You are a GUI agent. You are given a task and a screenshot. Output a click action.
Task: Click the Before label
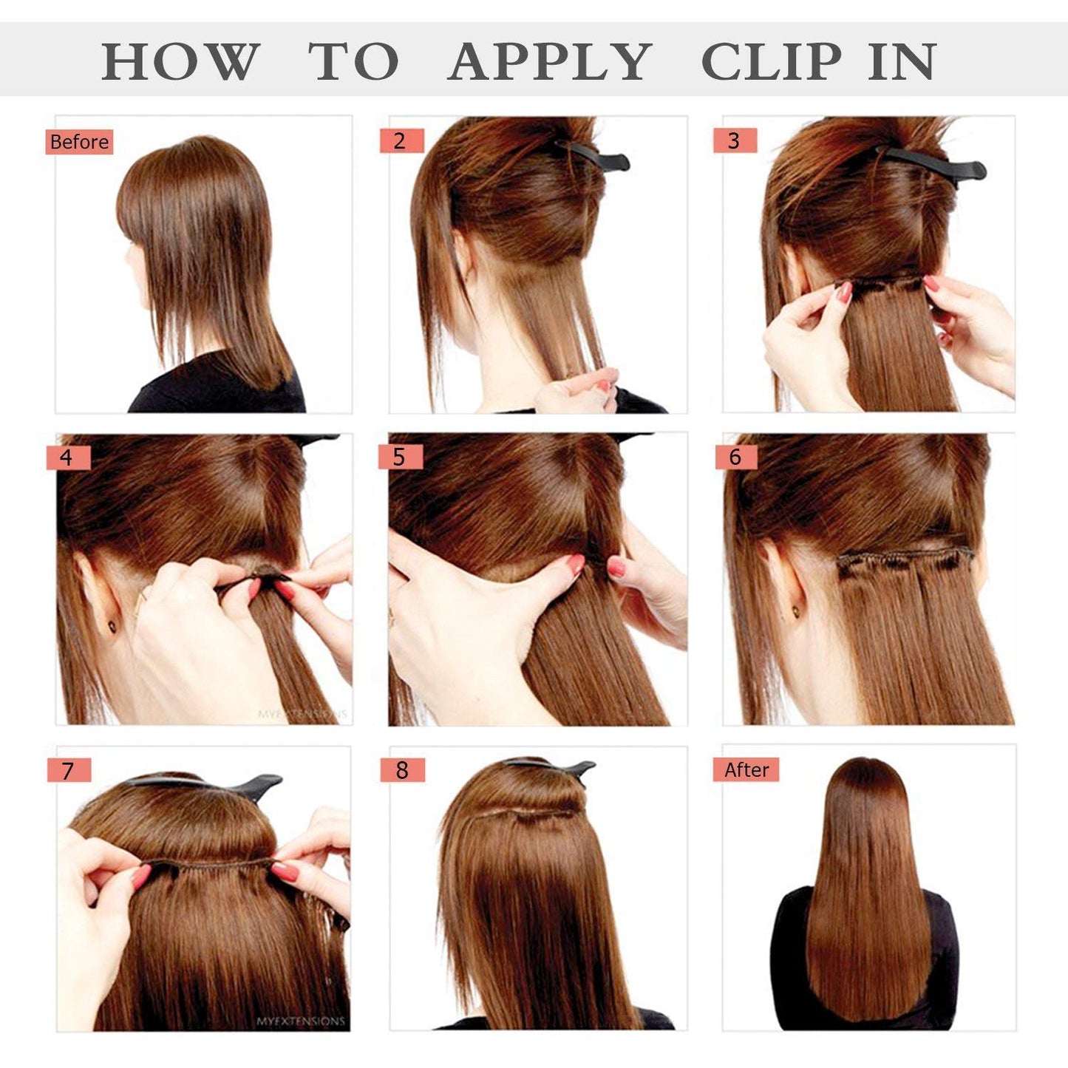pyautogui.click(x=79, y=141)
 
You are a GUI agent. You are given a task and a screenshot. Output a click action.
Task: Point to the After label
pyautogui.click(x=746, y=769)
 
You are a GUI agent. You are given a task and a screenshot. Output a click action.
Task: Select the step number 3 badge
pyautogui.click(x=735, y=140)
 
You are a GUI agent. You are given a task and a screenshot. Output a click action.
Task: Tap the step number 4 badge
pyautogui.click(x=68, y=458)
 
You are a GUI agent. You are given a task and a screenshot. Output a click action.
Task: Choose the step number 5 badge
pyautogui.click(x=400, y=457)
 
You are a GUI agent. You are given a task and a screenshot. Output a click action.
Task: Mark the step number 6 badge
pyautogui.click(x=735, y=457)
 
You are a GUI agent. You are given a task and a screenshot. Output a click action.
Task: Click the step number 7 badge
pyautogui.click(x=69, y=770)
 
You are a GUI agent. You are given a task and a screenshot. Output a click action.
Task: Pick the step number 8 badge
pyautogui.click(x=402, y=769)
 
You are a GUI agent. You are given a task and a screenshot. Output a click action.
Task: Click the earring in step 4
pyautogui.click(x=112, y=627)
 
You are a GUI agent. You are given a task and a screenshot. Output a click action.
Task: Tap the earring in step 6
pyautogui.click(x=797, y=610)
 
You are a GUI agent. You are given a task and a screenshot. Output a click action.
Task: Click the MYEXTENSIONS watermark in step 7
pyautogui.click(x=300, y=1021)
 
